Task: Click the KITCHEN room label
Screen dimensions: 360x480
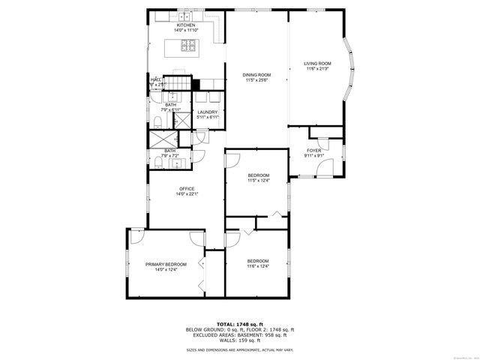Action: pos(186,25)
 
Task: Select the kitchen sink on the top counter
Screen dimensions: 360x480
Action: pos(184,14)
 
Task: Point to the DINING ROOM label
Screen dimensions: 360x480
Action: pos(256,74)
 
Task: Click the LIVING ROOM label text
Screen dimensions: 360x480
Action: pos(317,63)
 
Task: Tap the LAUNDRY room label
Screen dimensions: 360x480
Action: pos(208,112)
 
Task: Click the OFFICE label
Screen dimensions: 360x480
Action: pos(187,188)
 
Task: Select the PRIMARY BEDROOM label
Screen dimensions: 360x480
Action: pos(166,265)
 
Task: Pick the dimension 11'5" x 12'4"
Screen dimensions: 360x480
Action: pos(258,180)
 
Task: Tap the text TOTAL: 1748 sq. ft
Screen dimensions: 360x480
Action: pos(240,322)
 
